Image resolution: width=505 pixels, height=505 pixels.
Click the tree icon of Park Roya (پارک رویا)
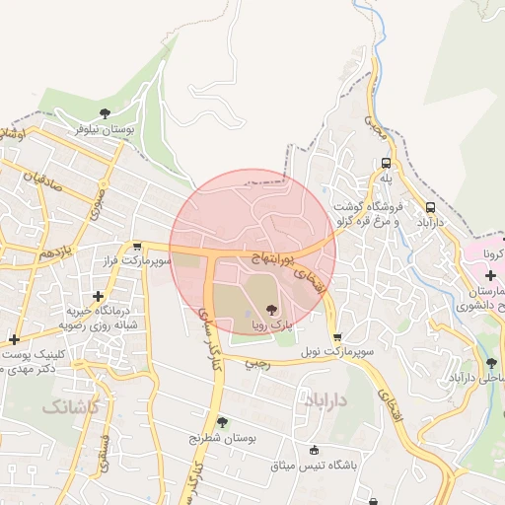[x=271, y=309]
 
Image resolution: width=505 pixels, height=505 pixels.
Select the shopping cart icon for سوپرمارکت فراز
[x=137, y=247]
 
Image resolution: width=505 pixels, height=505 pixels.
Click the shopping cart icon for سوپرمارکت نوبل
[x=338, y=336]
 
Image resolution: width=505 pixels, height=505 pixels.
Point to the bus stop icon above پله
[x=386, y=164]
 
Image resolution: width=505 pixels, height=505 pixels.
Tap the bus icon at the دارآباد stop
[x=431, y=207]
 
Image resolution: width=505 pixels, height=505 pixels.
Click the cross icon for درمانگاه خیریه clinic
[x=97, y=296]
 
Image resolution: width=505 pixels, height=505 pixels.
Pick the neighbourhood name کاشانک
[x=71, y=406]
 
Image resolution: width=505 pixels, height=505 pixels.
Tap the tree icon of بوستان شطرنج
[x=222, y=422]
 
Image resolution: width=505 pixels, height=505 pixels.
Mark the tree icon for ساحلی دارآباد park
[x=490, y=362]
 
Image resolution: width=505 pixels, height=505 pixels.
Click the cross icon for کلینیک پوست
[x=13, y=340]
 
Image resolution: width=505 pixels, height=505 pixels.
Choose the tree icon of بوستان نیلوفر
[x=105, y=112]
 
